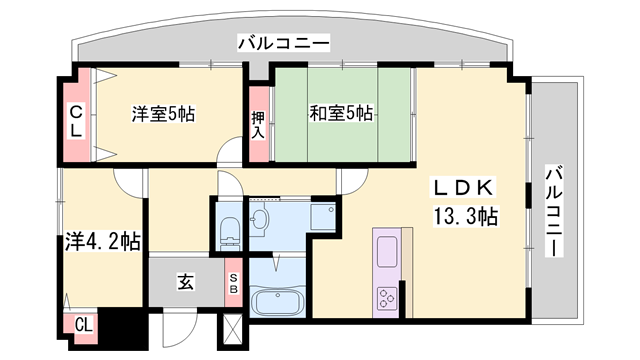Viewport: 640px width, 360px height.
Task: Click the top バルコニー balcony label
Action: [284, 43]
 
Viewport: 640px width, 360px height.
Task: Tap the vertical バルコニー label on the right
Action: [554, 211]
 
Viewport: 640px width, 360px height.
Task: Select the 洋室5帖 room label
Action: [163, 114]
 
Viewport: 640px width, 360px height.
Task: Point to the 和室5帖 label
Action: [341, 113]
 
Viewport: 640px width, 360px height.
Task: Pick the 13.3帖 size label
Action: [465, 216]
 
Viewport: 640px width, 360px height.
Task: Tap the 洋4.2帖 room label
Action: [103, 242]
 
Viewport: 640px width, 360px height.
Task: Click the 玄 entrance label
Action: [186, 282]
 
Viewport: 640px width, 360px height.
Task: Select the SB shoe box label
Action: [234, 284]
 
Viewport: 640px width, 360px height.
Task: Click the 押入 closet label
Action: [258, 125]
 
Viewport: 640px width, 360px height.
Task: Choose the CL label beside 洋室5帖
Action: [76, 121]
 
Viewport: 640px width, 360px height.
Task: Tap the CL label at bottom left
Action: [84, 325]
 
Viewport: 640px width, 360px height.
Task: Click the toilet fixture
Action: [229, 233]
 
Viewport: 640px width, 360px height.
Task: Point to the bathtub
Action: [278, 301]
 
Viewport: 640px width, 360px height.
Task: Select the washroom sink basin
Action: [258, 221]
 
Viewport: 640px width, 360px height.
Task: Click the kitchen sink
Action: [387, 251]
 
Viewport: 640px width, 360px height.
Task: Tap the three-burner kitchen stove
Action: [387, 298]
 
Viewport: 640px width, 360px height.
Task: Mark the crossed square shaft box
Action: [233, 331]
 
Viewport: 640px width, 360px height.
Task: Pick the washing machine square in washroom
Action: [323, 216]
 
